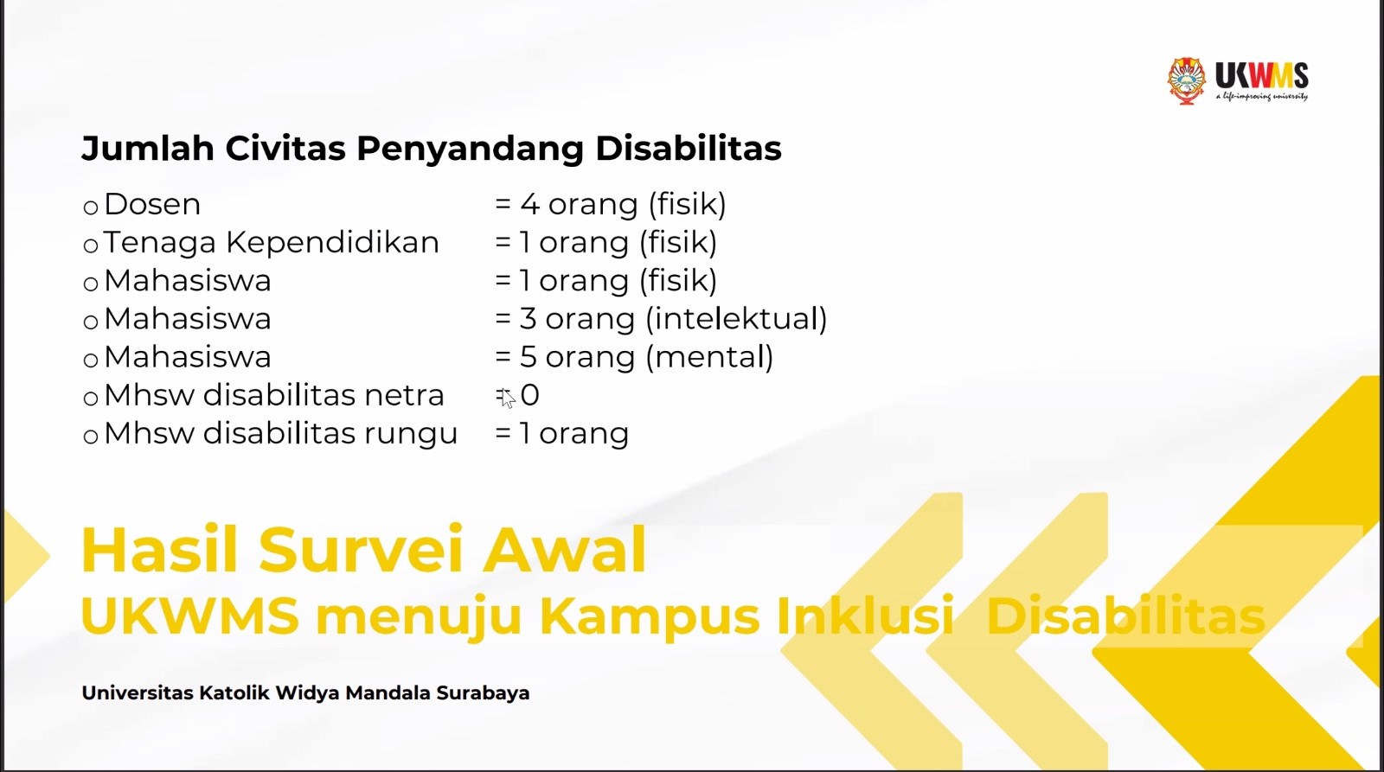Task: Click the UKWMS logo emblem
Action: (x=1187, y=80)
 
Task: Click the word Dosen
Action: (x=152, y=204)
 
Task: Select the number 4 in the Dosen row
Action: (x=529, y=204)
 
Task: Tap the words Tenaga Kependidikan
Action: (x=271, y=243)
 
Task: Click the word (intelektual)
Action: (x=736, y=319)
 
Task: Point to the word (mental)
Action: (x=709, y=357)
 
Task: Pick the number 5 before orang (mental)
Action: (x=528, y=357)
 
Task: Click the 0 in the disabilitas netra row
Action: (x=530, y=395)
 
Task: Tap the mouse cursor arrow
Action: (x=507, y=398)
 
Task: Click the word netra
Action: (x=404, y=395)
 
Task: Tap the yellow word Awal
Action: (x=564, y=550)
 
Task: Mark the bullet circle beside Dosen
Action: (x=91, y=207)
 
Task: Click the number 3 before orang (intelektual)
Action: (x=528, y=319)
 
